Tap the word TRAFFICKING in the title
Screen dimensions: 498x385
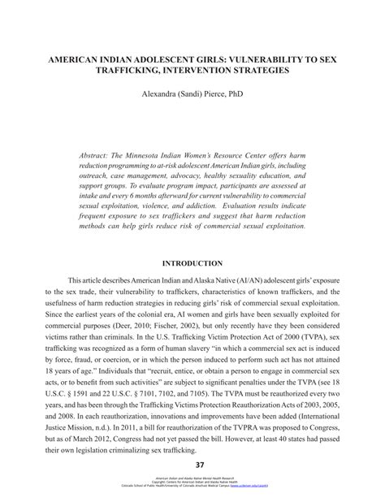pyautogui.click(x=135, y=71)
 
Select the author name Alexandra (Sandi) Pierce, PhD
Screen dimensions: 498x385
pyautogui.click(x=192, y=95)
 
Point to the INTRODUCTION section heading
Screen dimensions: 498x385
pyautogui.click(x=192, y=263)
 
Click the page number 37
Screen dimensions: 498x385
pyautogui.click(x=192, y=464)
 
